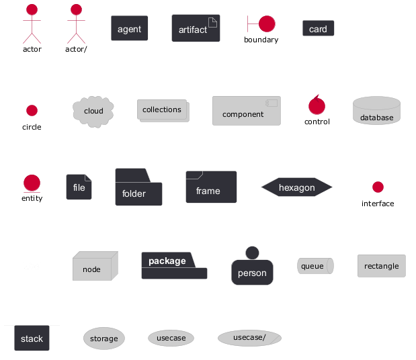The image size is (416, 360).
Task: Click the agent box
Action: click(x=130, y=29)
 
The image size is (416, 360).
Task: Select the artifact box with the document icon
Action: click(x=196, y=29)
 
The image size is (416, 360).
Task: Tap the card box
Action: click(x=319, y=29)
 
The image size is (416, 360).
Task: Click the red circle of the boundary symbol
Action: click(x=267, y=24)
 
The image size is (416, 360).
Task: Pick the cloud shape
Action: click(x=93, y=111)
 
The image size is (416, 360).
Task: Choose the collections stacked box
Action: click(x=163, y=110)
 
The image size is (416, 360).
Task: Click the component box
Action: click(x=246, y=111)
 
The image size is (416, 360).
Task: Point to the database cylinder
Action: click(x=376, y=111)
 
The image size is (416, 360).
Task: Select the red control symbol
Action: click(x=317, y=105)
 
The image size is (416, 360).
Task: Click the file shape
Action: click(x=79, y=187)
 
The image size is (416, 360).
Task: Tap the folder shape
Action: click(x=138, y=188)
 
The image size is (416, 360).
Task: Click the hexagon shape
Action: click(x=297, y=188)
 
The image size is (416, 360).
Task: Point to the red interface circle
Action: click(x=378, y=187)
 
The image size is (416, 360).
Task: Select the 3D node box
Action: click(x=94, y=267)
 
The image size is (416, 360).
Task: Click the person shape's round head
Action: click(x=252, y=253)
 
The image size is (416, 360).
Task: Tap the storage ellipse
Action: click(x=103, y=339)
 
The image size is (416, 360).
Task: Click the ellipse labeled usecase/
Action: click(x=249, y=337)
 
